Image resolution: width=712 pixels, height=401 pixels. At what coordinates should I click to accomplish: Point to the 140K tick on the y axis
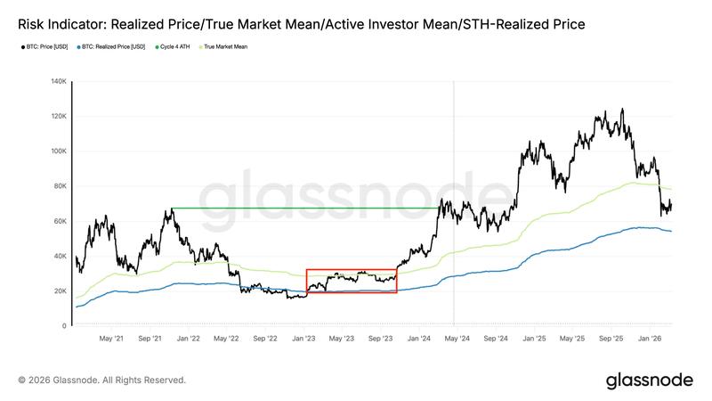tap(58, 81)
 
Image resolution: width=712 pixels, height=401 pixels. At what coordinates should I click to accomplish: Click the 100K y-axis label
tap(58, 151)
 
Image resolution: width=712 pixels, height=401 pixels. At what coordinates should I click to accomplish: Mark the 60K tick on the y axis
tap(60, 221)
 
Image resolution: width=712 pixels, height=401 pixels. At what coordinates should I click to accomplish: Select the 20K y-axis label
tap(60, 291)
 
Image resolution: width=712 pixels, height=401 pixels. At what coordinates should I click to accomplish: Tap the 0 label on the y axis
tap(64, 326)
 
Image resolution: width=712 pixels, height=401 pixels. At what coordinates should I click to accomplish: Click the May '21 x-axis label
tap(110, 339)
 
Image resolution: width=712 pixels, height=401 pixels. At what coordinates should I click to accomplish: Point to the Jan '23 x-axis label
tap(305, 339)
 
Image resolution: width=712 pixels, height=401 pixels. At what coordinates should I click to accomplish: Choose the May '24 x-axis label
tap(457, 339)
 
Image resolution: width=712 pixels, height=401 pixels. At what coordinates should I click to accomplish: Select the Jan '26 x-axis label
tap(651, 339)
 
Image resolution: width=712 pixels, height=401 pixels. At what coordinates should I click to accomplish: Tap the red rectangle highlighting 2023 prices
tap(352, 270)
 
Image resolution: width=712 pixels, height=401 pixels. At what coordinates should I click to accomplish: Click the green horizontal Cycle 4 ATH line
tap(303, 209)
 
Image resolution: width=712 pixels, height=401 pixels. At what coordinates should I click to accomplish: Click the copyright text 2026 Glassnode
tap(101, 380)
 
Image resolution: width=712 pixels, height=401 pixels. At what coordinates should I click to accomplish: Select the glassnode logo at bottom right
tap(649, 381)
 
